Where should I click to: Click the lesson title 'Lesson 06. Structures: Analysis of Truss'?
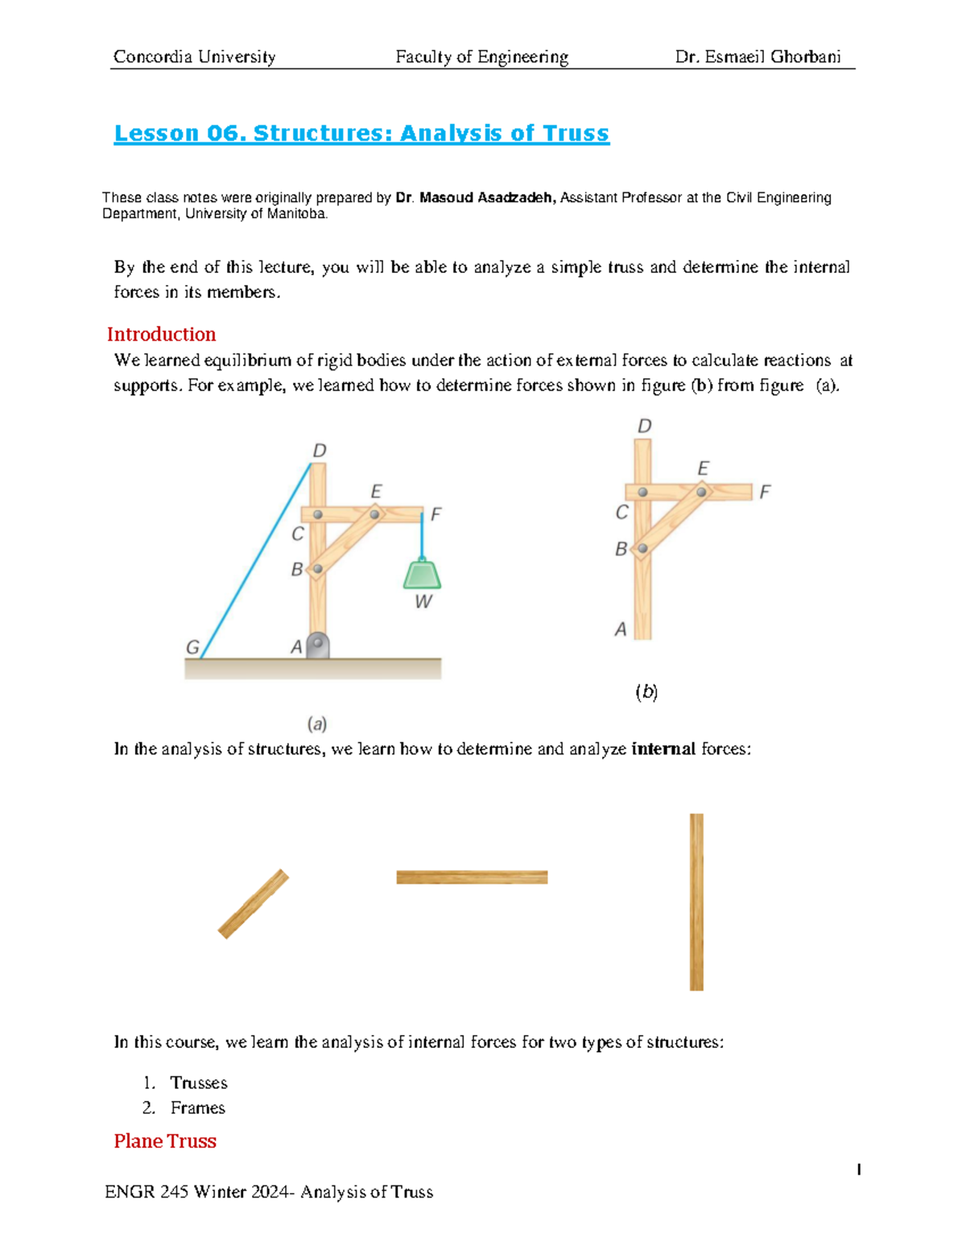click(361, 134)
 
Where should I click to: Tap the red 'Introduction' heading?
click(161, 334)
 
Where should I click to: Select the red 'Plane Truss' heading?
click(165, 1141)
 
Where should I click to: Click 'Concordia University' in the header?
click(194, 56)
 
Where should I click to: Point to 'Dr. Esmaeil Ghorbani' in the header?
click(758, 56)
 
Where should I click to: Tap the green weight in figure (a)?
click(422, 575)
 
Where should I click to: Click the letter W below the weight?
click(423, 602)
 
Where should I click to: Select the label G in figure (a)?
click(192, 647)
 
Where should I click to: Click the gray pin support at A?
click(318, 646)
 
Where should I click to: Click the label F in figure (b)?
click(765, 491)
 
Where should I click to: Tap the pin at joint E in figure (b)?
click(701, 492)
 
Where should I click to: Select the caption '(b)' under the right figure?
click(646, 691)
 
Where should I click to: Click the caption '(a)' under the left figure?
click(317, 724)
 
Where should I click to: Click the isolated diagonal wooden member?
click(254, 904)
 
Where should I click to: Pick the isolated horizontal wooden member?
click(472, 877)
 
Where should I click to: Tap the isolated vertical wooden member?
click(696, 901)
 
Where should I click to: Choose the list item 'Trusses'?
click(199, 1083)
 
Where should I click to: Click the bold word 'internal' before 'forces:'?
click(663, 749)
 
